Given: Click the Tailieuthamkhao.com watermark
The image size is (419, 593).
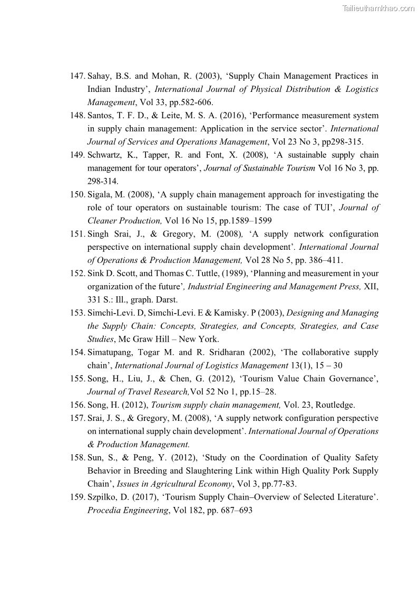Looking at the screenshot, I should [378, 8].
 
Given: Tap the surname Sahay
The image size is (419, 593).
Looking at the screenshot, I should [98, 76].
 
